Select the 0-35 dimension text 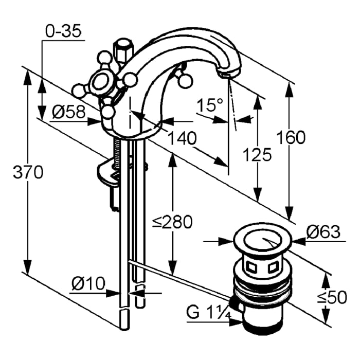point(63,32)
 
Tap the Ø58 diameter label point(68,112)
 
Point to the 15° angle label point(210,106)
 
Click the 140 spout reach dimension point(181,138)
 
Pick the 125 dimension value point(257,154)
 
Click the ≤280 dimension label point(172,222)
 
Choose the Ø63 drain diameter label point(323,232)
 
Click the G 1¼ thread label point(208,313)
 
